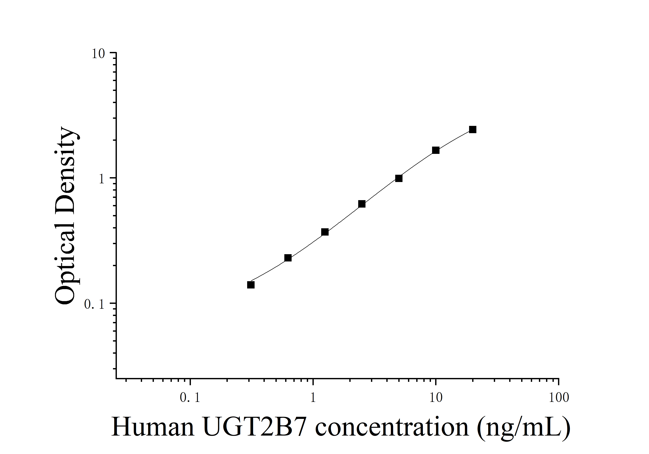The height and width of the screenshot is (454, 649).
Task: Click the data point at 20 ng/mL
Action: [473, 130]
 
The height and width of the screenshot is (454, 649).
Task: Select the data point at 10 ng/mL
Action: [436, 150]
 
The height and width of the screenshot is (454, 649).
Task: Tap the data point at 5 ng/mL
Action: [399, 178]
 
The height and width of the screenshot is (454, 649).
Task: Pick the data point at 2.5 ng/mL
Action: [362, 204]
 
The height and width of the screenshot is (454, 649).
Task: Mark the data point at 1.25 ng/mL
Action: [325, 232]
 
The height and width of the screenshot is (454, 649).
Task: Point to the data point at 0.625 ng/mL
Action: [288, 258]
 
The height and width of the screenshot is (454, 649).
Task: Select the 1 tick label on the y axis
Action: [102, 179]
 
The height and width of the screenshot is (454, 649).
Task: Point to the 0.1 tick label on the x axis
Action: [190, 398]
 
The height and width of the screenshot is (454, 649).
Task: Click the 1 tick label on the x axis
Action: [313, 398]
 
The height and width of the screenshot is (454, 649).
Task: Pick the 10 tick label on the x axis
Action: [436, 398]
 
